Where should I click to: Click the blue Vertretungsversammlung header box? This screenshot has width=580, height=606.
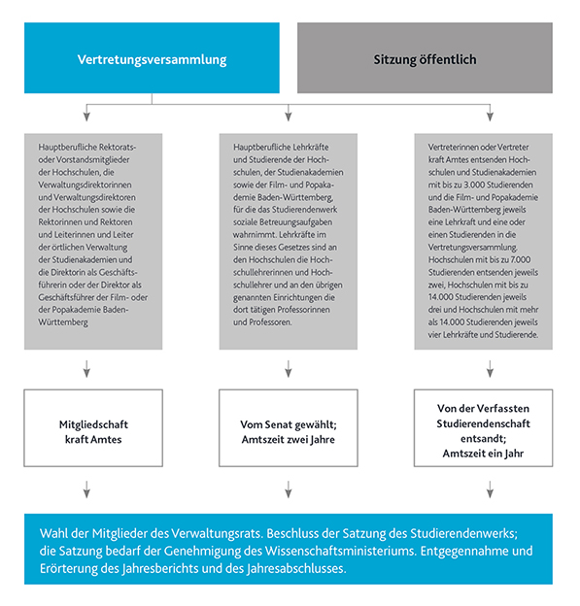(153, 59)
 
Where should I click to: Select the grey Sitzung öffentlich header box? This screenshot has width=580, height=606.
(425, 59)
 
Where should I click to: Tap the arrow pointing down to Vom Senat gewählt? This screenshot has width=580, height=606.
(289, 369)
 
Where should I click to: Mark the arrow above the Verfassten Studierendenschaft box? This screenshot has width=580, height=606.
(490, 369)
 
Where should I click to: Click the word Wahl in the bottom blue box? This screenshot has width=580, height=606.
(56, 535)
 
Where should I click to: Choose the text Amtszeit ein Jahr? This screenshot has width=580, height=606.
(483, 454)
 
